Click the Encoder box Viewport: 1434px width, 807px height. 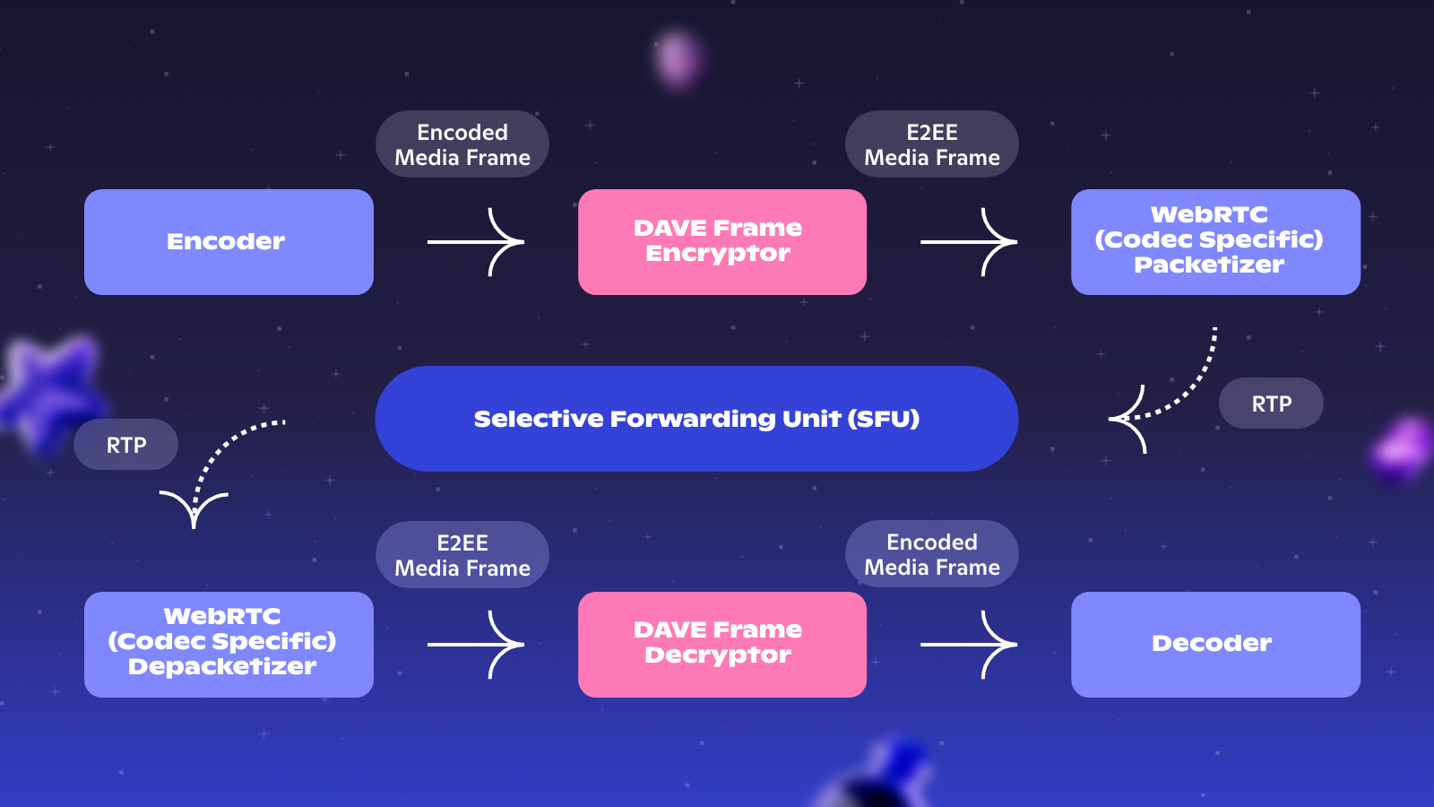tap(229, 242)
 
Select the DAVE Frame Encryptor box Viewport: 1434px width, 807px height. tap(721, 242)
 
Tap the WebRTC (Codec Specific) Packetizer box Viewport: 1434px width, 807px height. tap(1214, 242)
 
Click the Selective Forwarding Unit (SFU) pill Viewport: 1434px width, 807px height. tap(696, 419)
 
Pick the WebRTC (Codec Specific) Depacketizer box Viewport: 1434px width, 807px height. tap(229, 644)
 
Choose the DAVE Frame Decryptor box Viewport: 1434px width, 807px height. tap(721, 644)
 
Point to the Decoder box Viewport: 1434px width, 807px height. tap(1214, 644)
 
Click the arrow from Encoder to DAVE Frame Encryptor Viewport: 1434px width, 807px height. tap(476, 242)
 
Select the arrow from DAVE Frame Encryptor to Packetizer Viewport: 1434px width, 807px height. tap(969, 242)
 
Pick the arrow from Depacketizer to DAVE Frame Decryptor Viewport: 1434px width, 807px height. tap(476, 644)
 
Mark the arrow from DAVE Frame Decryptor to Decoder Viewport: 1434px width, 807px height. tap(969, 644)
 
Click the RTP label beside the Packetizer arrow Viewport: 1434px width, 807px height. tap(1271, 403)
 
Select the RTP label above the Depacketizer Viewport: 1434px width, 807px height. tap(125, 445)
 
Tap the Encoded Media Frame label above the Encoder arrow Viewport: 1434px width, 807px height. tap(462, 144)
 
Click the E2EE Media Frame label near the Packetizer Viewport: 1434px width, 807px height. tap(932, 144)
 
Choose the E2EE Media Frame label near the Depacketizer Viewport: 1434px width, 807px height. tap(462, 555)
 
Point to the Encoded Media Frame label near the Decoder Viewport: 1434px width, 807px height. tap(932, 554)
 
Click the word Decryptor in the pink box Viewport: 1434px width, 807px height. tap(718, 655)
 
